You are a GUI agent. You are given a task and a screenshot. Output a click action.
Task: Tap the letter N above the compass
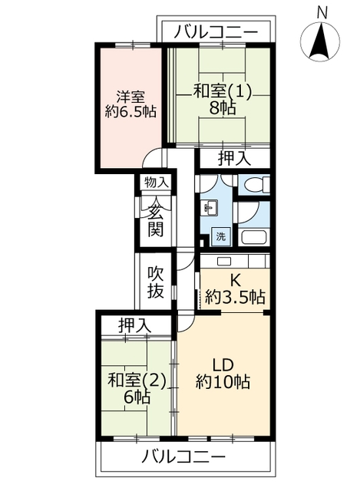[x=322, y=12]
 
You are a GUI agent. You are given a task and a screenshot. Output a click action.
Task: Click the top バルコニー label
[x=216, y=32]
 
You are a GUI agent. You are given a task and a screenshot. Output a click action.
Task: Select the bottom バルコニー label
[x=183, y=457]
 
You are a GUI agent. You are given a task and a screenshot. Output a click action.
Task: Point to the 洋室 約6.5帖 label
[x=130, y=104]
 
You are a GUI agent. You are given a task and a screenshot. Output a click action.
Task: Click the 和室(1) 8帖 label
[x=223, y=101]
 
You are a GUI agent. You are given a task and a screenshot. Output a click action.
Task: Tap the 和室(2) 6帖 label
[x=137, y=389]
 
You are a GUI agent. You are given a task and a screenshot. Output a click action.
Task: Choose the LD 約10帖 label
[x=223, y=374]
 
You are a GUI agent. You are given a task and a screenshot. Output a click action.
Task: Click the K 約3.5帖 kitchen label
[x=235, y=289]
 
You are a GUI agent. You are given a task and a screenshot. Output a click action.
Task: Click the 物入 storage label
[x=157, y=182]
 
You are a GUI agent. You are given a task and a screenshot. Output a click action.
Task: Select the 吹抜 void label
[x=156, y=282]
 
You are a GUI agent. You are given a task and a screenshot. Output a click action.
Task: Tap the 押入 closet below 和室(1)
[x=235, y=159]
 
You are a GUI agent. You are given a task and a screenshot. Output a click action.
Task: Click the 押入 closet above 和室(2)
[x=135, y=325]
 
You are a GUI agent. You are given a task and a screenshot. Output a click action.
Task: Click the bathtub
[x=253, y=238]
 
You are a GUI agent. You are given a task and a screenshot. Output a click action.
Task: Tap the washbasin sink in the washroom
[x=210, y=208]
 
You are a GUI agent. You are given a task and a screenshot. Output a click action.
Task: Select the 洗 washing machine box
[x=221, y=236]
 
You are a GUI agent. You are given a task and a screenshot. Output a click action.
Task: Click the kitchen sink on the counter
[x=223, y=262]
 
